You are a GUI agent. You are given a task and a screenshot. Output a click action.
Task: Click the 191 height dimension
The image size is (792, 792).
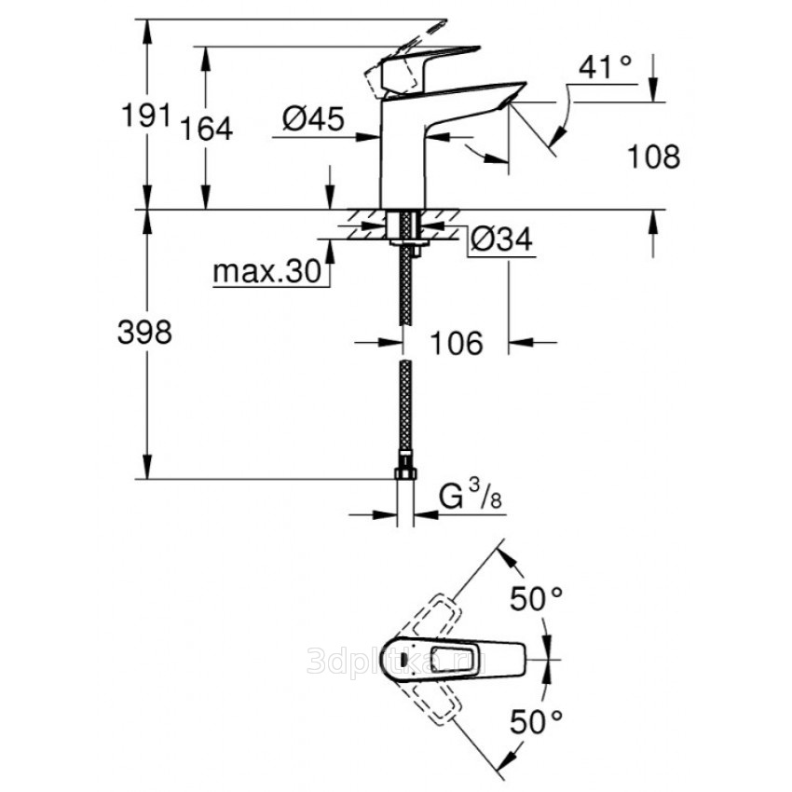pyautogui.click(x=146, y=116)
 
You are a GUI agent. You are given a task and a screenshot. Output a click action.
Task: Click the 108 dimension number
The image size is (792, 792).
pyautogui.click(x=653, y=157)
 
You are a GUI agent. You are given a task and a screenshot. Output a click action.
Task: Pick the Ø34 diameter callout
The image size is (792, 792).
pyautogui.click(x=502, y=240)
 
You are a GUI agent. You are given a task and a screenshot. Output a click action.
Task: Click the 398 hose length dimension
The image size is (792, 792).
pyautogui.click(x=146, y=333)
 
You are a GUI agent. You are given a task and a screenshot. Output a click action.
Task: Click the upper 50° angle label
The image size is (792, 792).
pyautogui.click(x=538, y=600)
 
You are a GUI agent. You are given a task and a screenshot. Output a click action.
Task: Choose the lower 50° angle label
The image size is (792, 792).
pyautogui.click(x=538, y=719)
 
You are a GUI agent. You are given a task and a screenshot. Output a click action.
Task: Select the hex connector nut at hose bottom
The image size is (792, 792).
pyautogui.click(x=405, y=472)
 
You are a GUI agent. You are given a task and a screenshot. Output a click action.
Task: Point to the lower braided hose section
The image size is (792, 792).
pyautogui.click(x=405, y=410)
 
